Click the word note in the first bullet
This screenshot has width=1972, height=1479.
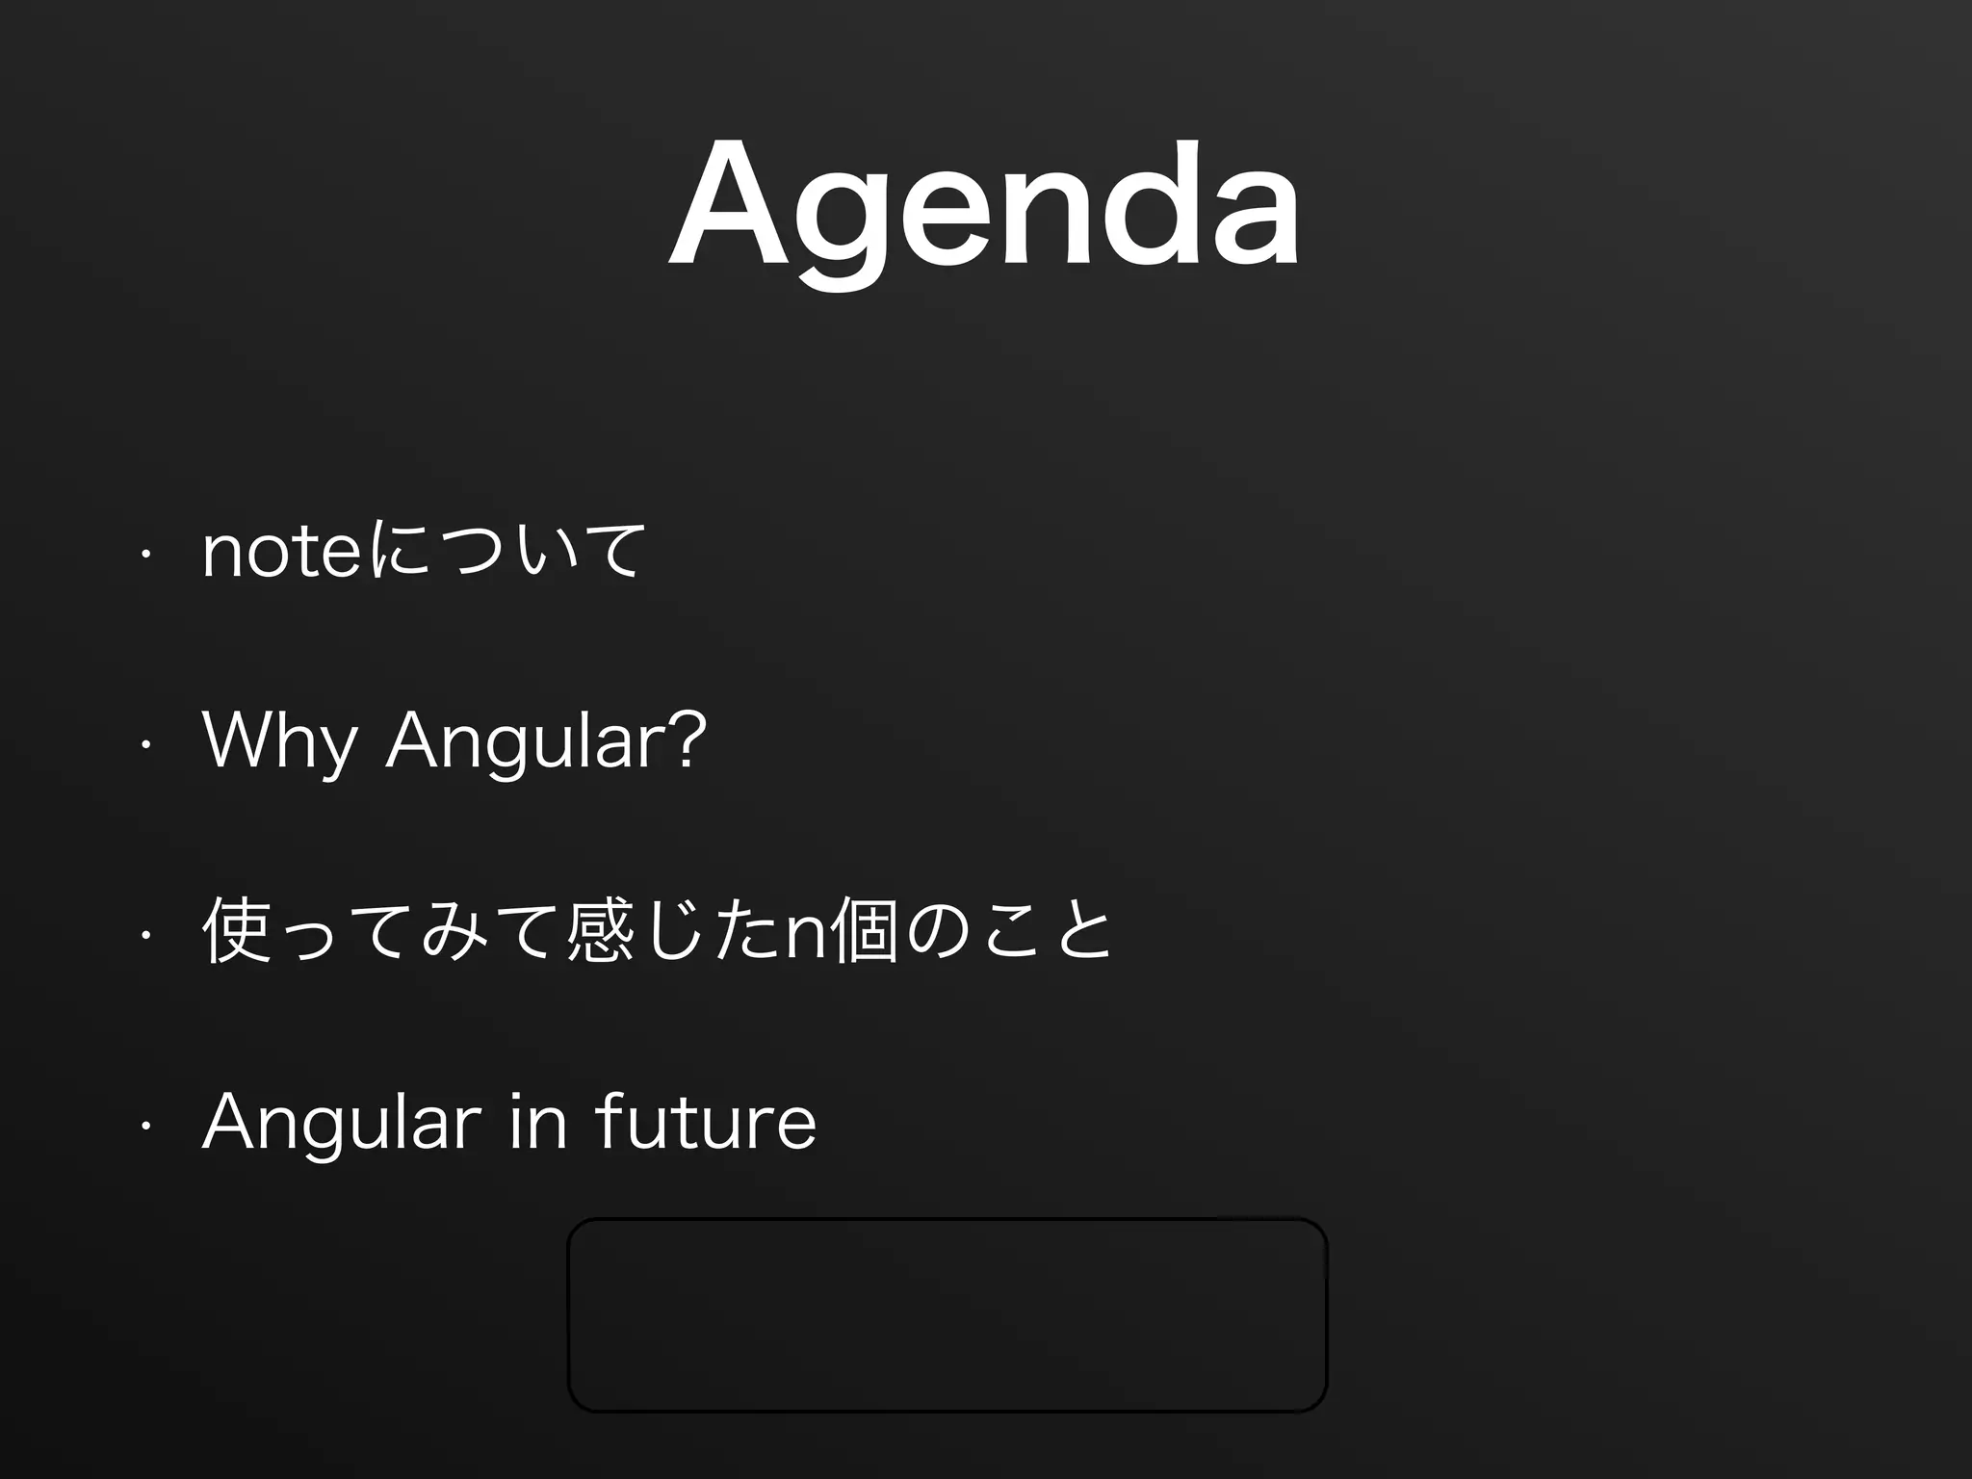281,553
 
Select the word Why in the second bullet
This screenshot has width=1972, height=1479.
279,741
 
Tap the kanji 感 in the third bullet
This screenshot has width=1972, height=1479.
600,931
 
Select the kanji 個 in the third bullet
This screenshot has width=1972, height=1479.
864,931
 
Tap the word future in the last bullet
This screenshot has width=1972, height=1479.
706,1121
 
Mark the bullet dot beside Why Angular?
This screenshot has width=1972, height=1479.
144,743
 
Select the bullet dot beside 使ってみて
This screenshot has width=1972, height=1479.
144,933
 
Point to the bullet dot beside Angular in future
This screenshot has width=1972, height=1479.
144,1123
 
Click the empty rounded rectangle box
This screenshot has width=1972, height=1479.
947,1315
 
